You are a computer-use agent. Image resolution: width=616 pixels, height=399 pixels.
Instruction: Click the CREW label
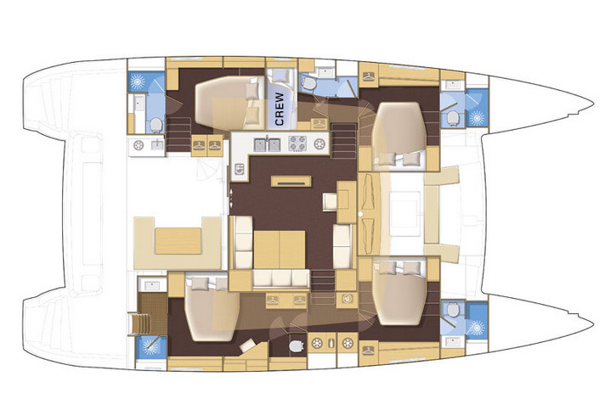(x=280, y=109)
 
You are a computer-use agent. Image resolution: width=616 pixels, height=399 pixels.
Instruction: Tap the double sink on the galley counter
(x=267, y=144)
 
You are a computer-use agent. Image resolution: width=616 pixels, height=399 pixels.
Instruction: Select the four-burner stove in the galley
(x=297, y=143)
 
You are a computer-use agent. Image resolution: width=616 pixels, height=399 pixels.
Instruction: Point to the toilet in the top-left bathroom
(x=155, y=125)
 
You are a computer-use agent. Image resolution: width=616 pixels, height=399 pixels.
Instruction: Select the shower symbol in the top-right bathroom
(x=478, y=117)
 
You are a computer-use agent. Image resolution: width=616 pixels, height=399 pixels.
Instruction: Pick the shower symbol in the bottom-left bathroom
(x=150, y=347)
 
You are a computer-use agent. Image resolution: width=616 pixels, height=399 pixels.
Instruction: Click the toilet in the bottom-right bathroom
(x=453, y=310)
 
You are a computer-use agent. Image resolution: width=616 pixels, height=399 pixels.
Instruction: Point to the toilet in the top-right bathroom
(x=453, y=117)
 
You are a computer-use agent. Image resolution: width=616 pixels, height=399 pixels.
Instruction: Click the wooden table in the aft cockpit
(x=178, y=241)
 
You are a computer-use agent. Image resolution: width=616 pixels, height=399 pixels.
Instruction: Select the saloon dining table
(x=280, y=250)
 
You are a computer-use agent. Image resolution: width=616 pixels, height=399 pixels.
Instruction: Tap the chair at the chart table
(x=330, y=202)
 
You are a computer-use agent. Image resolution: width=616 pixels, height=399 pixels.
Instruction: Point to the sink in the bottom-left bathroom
(x=152, y=285)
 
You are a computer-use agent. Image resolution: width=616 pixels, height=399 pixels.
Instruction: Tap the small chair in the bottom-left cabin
(x=248, y=346)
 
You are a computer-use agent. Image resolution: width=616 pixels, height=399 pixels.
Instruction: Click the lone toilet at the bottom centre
(x=296, y=346)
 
